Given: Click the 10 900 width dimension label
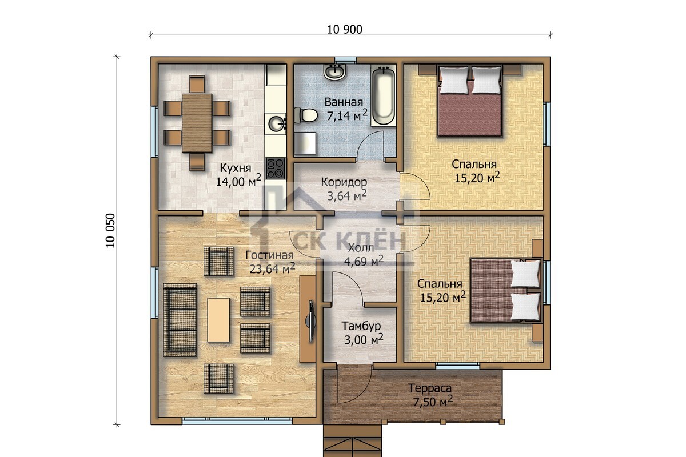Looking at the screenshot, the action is coord(345,30).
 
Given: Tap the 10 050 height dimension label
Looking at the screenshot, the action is coord(110,230).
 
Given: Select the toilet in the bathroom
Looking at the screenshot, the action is coord(305,115).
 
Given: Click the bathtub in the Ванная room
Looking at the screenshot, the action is coord(383,97).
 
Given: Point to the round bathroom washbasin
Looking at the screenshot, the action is coord(335,72).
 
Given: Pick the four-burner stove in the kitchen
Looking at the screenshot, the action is coord(275,168).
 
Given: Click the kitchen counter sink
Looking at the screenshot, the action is coord(277,123).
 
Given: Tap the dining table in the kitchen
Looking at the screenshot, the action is coord(197,123).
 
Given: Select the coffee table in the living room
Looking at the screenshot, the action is coord(218,320).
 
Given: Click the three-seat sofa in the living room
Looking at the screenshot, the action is coord(180,320).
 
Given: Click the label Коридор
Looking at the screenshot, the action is coord(344,182).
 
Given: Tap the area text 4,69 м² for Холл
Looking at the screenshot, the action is coord(364,261).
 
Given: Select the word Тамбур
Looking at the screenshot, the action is coord(361,326).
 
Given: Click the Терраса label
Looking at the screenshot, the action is coord(430,388).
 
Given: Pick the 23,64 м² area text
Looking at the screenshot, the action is coord(272,268).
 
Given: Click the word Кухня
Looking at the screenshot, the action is coord(236,168).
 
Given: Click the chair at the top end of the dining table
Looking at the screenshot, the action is coord(197,84).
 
